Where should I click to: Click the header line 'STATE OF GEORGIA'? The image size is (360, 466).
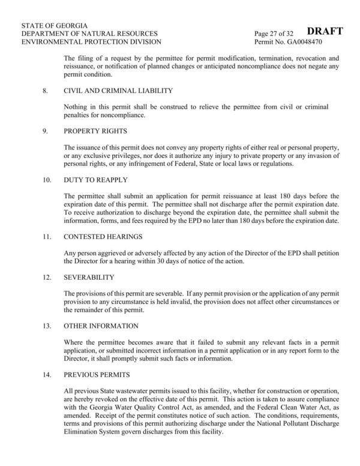[55, 25]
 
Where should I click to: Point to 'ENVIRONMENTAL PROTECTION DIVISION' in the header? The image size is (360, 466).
[91, 43]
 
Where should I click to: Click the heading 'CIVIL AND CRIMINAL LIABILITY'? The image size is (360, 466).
[118, 91]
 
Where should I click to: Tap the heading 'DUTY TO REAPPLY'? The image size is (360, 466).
[94, 180]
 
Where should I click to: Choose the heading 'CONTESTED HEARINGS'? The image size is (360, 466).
[103, 237]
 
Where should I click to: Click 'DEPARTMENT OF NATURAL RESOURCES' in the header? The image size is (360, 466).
[89, 34]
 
